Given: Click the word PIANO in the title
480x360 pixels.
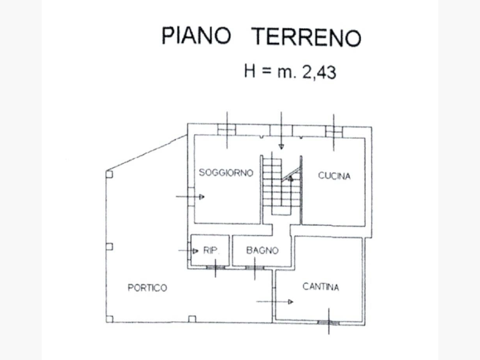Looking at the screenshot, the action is click(196, 35).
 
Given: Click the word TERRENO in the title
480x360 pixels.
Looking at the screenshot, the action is click(306, 37).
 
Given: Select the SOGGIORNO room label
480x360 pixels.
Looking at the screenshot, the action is click(226, 172).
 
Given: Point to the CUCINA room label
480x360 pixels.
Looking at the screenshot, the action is click(334, 176).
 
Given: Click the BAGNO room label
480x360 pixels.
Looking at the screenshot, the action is click(262, 250).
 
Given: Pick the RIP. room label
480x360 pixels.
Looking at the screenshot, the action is click(211, 250).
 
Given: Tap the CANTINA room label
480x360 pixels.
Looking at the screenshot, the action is click(321, 286).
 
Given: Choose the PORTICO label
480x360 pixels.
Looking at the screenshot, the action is click(147, 287).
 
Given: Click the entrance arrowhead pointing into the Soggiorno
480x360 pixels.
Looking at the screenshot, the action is click(202, 197).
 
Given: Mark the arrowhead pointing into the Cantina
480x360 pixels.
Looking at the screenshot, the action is click(291, 302).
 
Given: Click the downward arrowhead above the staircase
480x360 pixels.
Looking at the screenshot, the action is click(281, 147).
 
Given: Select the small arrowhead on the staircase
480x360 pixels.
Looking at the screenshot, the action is click(291, 178).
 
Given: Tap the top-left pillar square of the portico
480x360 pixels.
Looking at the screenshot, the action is click(109, 174).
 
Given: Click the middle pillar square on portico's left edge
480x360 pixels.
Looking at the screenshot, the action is click(109, 247).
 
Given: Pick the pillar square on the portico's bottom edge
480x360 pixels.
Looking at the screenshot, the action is click(192, 319).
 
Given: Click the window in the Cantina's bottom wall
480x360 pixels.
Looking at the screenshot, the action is click(329, 322).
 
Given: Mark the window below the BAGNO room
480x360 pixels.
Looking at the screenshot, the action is click(255, 268).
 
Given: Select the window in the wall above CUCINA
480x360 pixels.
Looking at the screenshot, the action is click(334, 132).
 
